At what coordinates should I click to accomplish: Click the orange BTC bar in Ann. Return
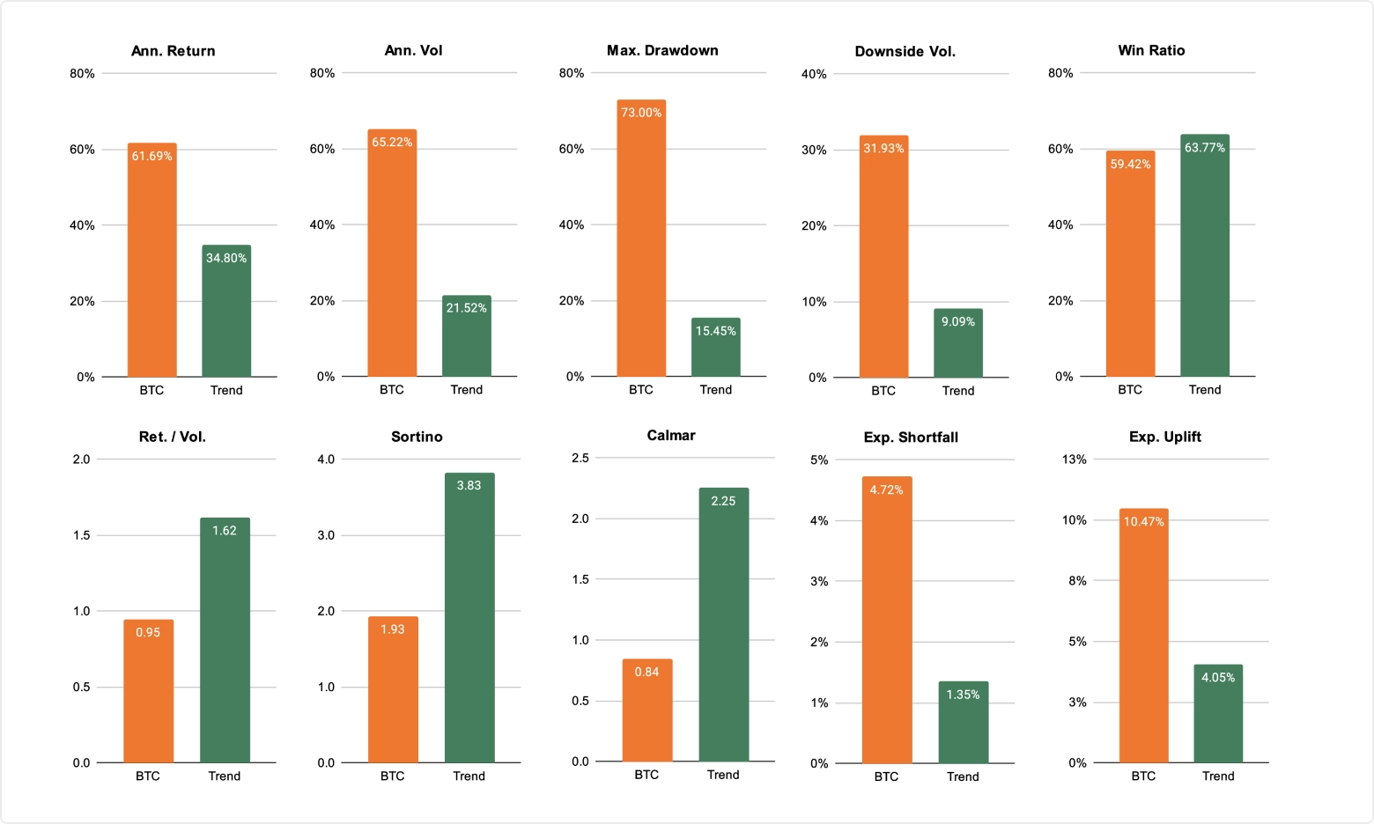pyautogui.click(x=151, y=264)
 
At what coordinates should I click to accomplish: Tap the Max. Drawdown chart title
pyautogui.click(x=662, y=50)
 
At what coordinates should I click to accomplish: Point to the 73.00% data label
pyautogui.click(x=640, y=113)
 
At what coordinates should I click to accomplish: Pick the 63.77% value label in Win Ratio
pyautogui.click(x=1204, y=148)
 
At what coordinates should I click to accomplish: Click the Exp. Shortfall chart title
pyautogui.click(x=911, y=438)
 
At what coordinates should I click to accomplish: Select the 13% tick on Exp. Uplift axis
pyautogui.click(x=1074, y=460)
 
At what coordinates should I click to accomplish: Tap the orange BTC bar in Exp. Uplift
pyautogui.click(x=1143, y=643)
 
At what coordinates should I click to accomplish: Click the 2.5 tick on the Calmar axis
pyautogui.click(x=580, y=458)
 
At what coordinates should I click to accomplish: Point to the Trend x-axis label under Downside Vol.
pyautogui.click(x=957, y=391)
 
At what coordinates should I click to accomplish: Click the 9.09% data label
pyautogui.click(x=957, y=322)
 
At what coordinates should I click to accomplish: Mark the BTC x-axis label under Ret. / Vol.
pyautogui.click(x=148, y=776)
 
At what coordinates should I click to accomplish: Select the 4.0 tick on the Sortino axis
pyautogui.click(x=326, y=460)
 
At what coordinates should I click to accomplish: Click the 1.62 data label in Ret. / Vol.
pyautogui.click(x=224, y=531)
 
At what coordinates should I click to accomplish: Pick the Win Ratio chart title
pyautogui.click(x=1151, y=50)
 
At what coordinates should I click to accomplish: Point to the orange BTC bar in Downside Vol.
pyautogui.click(x=883, y=264)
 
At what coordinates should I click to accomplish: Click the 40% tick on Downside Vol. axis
pyautogui.click(x=814, y=74)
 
